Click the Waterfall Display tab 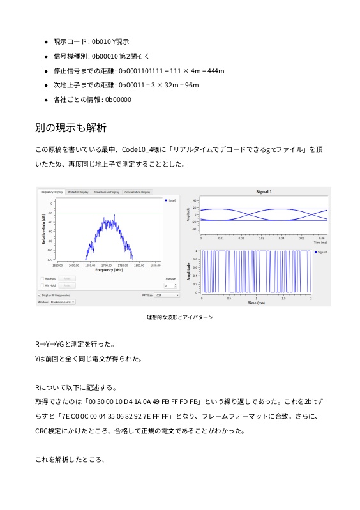point(79,191)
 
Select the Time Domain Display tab point(106,191)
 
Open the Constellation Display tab point(137,191)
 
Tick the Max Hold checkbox point(42,278)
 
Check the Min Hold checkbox point(42,285)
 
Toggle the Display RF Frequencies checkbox point(40,296)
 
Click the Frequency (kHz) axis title point(109,271)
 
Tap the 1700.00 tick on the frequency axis point(107,265)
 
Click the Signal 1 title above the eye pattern point(264,191)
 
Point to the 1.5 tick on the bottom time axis point(283,298)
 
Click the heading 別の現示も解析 point(71,128)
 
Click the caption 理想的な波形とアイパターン point(180,317)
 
